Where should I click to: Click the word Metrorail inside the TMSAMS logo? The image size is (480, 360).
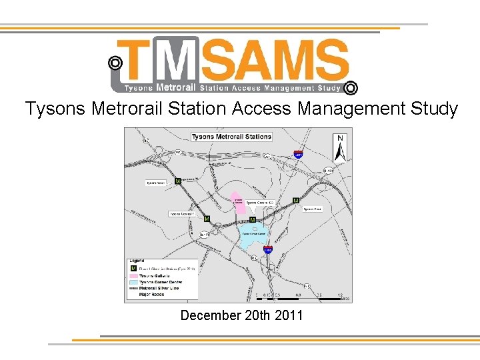pos(176,87)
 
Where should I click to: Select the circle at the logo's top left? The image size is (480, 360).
pos(115,63)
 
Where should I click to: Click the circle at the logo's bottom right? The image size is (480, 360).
pos(351,88)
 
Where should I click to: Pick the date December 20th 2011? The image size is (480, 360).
pos(241,315)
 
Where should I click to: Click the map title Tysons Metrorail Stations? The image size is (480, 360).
pos(231,137)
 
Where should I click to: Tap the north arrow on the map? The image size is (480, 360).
pos(341,148)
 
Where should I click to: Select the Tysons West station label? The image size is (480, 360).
pos(155,182)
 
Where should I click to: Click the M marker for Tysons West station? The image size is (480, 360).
pos(178,181)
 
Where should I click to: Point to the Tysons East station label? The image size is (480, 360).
pos(312,209)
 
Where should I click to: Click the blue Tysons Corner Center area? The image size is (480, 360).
pos(253,235)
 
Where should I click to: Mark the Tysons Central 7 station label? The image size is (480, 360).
pos(181,214)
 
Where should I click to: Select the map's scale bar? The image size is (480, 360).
pos(299,297)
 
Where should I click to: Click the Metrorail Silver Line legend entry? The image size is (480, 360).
pos(160,287)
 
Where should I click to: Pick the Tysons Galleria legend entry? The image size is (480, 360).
pos(155,275)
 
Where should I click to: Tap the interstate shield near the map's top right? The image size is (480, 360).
pos(298,154)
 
